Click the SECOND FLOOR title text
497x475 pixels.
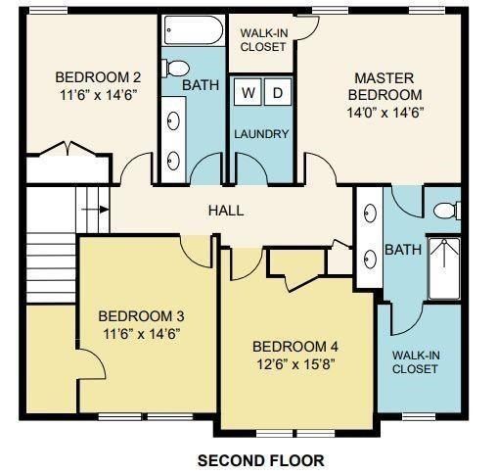pyautogui.click(x=260, y=459)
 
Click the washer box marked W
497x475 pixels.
pyautogui.click(x=248, y=93)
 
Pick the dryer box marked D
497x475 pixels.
pyautogui.click(x=276, y=93)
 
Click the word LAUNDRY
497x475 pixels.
pyautogui.click(x=261, y=133)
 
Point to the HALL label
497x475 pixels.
pyautogui.click(x=226, y=211)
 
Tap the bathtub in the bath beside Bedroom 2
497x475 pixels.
pyautogui.click(x=192, y=28)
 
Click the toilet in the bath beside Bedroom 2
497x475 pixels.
pyautogui.click(x=177, y=69)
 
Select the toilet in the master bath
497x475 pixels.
pyautogui.click(x=445, y=209)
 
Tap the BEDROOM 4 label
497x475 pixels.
pyautogui.click(x=295, y=347)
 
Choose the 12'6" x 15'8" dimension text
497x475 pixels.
pyautogui.click(x=295, y=365)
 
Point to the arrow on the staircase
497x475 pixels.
pyautogui.click(x=94, y=208)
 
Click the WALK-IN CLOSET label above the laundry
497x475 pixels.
pyautogui.click(x=263, y=39)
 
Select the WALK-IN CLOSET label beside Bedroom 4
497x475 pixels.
pyautogui.click(x=415, y=361)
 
